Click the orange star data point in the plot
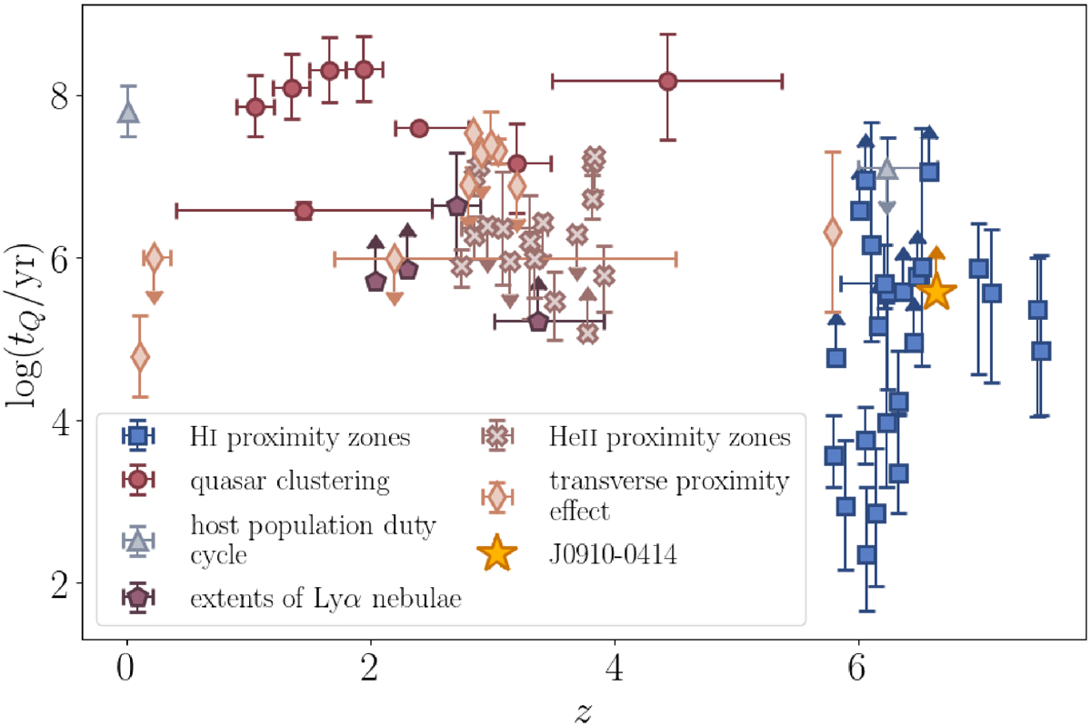pos(936,293)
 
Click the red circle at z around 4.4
pos(668,81)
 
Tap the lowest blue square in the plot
pos(866,554)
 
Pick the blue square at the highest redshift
pos(1042,351)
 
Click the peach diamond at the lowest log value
pos(140,357)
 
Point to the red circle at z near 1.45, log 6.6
pos(305,211)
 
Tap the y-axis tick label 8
pos(61,95)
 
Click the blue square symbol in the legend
pos(137,438)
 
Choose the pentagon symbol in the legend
pos(137,597)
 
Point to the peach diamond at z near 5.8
pos(833,233)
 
